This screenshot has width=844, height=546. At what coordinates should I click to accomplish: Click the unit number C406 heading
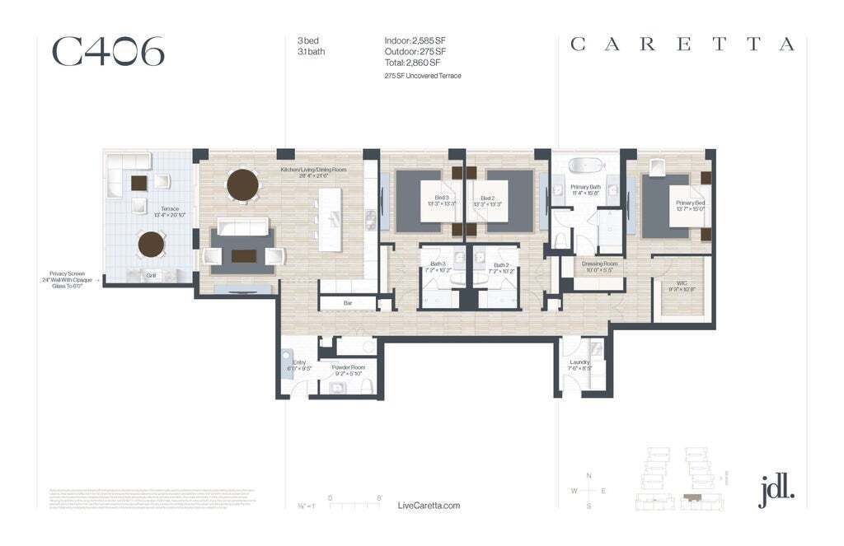tap(108, 51)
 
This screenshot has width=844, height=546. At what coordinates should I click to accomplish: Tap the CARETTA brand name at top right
tap(682, 44)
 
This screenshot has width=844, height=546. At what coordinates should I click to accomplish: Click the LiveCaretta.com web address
tap(429, 506)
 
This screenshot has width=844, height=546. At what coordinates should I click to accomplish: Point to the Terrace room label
tap(170, 209)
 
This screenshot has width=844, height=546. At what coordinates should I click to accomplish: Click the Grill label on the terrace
tap(151, 276)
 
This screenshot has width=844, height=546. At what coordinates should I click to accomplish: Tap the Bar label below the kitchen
tap(348, 303)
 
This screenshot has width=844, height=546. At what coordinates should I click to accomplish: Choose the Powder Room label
tap(348, 368)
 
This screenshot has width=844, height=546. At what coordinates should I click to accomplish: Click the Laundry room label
tap(579, 362)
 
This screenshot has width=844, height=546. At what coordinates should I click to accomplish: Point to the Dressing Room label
tap(599, 264)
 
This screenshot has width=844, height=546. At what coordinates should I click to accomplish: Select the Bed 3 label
tap(442, 198)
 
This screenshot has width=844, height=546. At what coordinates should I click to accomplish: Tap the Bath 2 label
tap(501, 264)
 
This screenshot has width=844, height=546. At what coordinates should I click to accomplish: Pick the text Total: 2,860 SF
tap(412, 62)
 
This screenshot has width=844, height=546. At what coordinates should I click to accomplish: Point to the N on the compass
tap(588, 476)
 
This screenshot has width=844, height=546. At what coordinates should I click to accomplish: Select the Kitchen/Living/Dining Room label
tap(312, 170)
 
